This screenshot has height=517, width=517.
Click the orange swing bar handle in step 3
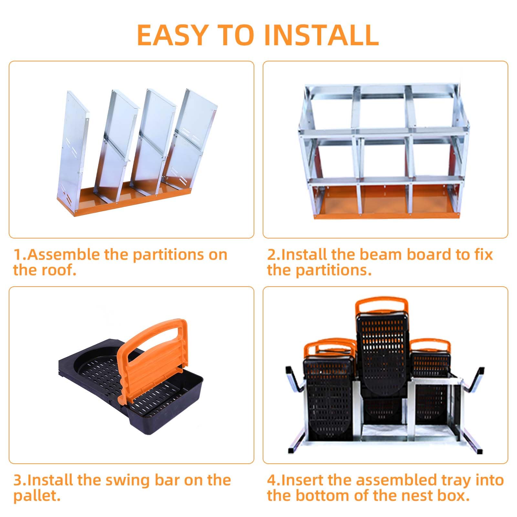click(x=152, y=352)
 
